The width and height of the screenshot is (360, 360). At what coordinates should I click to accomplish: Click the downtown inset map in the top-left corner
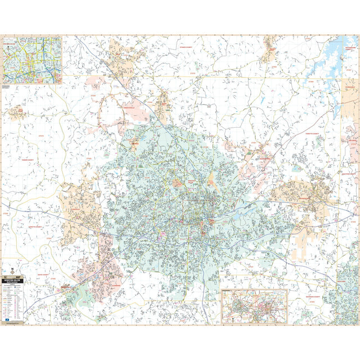click(x=31, y=60)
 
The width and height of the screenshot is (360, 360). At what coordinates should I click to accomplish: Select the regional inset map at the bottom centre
click(x=254, y=306)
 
